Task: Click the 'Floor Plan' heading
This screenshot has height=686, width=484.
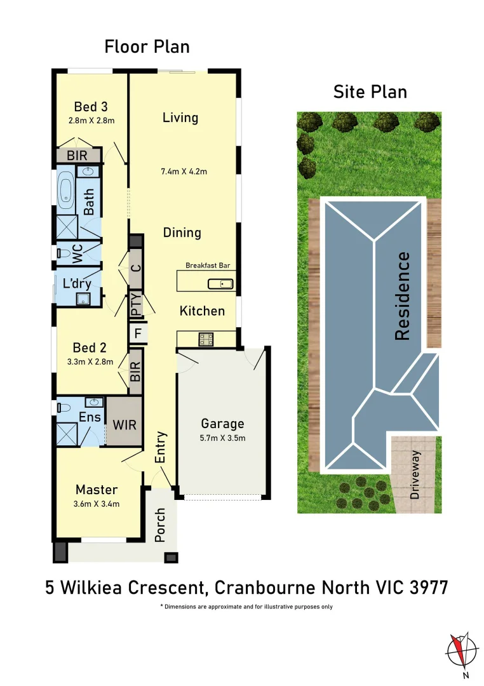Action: coord(147,47)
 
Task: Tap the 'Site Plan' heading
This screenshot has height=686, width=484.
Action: coord(370,92)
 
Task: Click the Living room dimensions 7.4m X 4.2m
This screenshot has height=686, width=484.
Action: coord(184,171)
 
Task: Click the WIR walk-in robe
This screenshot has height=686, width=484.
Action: coord(124,424)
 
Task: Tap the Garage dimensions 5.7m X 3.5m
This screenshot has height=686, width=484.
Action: coord(222,438)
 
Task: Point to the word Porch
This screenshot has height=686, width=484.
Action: coord(160,525)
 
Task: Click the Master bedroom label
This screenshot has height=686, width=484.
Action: coord(97,490)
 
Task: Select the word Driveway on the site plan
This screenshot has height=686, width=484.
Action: coord(416,474)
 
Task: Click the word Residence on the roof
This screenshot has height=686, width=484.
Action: coord(402,296)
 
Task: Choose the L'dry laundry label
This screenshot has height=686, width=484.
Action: coord(76,284)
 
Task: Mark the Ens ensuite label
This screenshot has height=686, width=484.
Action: coord(90,417)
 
